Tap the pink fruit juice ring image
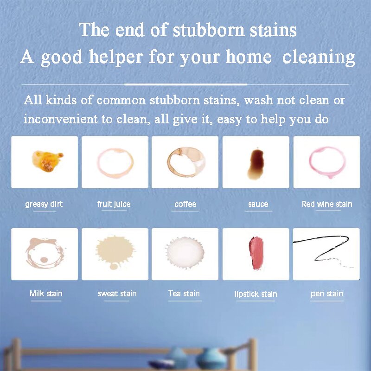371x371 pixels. (x=115, y=162)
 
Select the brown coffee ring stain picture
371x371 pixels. (x=185, y=162)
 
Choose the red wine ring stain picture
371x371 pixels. (x=326, y=162)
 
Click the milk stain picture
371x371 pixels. (x=45, y=254)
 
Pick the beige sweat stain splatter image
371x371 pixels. (x=115, y=254)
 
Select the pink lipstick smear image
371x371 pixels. (x=256, y=254)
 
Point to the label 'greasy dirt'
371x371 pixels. (x=44, y=204)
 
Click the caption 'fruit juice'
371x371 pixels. (x=114, y=204)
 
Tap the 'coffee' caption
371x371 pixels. (x=185, y=204)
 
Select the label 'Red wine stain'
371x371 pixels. (x=327, y=204)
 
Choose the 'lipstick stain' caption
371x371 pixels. (x=256, y=294)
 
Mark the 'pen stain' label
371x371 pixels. (x=327, y=294)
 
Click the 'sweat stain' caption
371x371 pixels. (x=117, y=294)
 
